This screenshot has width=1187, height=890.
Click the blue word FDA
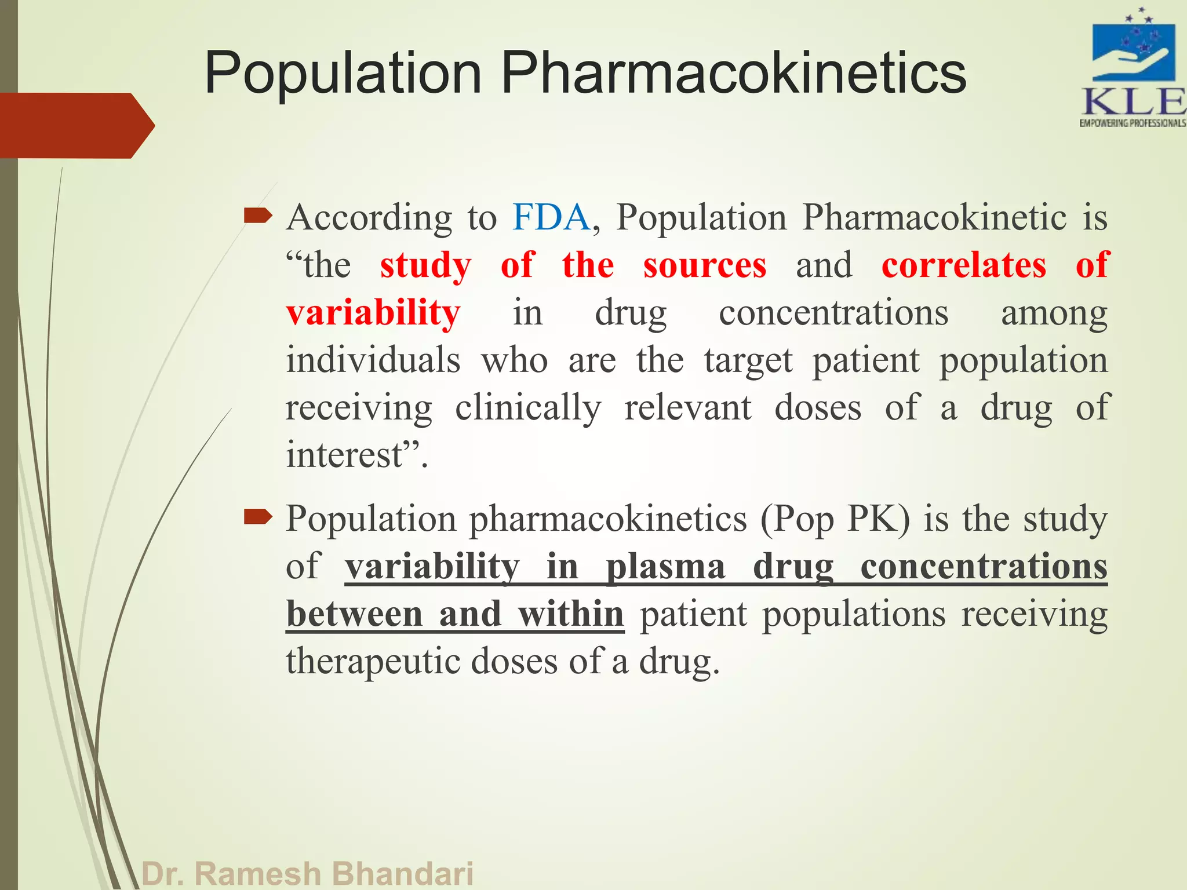coord(551,218)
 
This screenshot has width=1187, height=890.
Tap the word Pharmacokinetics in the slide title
coord(733,73)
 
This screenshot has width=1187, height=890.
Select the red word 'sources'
coord(705,265)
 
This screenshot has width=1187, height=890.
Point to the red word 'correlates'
coord(964,265)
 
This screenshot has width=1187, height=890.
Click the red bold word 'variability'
coord(373,313)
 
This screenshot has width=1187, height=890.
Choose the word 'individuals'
coord(373,360)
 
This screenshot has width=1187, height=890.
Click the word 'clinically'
coord(528,408)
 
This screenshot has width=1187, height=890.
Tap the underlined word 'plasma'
coord(665,567)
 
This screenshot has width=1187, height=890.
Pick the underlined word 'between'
coord(354,614)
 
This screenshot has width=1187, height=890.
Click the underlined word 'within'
coord(571,614)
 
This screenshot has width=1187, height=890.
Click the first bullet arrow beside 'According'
coord(257,217)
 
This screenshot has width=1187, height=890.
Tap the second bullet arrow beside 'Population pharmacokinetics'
coord(257,516)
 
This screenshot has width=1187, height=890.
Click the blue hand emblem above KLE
coord(1133,52)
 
